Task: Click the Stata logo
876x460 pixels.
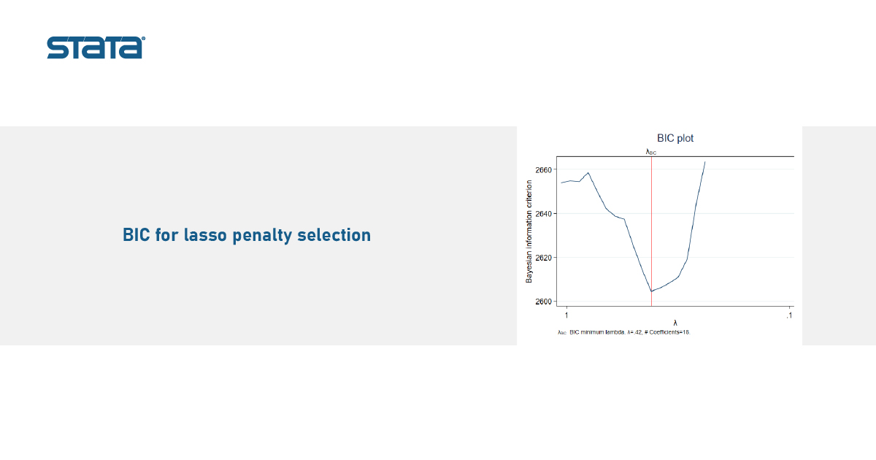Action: (x=96, y=47)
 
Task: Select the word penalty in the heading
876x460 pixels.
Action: (x=262, y=236)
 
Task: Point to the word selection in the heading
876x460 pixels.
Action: (x=334, y=235)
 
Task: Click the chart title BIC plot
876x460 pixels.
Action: (x=675, y=138)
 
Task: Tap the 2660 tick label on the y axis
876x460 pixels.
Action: (x=543, y=169)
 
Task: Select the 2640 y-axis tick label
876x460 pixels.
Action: (x=543, y=213)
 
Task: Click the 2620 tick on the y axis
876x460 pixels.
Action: (x=543, y=258)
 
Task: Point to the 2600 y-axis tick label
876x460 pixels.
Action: (x=543, y=302)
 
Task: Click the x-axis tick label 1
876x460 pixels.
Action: (x=566, y=315)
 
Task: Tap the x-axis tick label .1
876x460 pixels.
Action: (x=790, y=315)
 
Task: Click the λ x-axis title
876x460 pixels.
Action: (x=675, y=323)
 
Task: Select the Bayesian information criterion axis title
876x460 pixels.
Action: (x=529, y=231)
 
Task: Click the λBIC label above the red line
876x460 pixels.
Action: (x=650, y=152)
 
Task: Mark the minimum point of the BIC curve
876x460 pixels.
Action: (x=651, y=291)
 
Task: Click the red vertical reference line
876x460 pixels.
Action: (x=651, y=231)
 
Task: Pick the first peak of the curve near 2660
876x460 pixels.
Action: (x=588, y=172)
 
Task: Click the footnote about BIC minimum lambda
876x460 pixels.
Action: (x=624, y=332)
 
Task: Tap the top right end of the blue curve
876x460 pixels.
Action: (x=705, y=161)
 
